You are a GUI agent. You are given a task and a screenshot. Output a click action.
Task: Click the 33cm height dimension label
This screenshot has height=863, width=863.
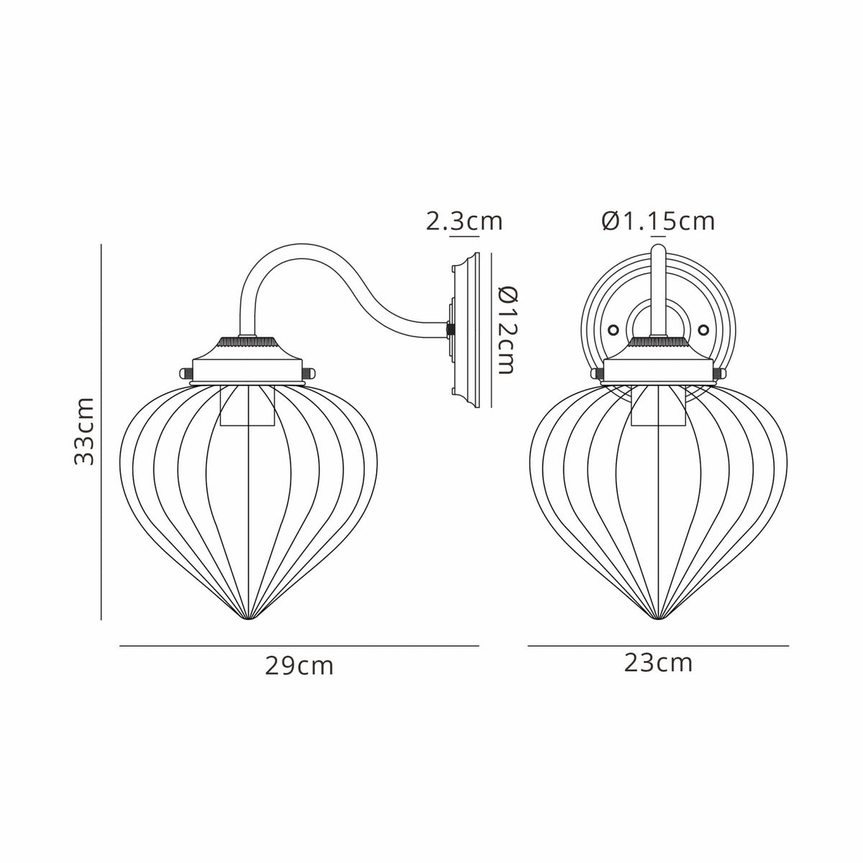(x=85, y=430)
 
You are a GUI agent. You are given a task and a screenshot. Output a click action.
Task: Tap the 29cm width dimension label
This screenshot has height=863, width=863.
(x=299, y=666)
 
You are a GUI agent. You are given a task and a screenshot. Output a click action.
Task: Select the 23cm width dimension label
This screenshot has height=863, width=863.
(x=658, y=662)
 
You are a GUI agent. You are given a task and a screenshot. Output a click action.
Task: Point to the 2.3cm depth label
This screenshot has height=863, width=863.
(x=464, y=221)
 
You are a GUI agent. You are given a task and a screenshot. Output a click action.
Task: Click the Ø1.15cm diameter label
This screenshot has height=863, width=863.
(x=658, y=221)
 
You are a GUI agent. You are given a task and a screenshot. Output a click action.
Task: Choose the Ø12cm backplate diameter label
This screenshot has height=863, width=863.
(x=507, y=330)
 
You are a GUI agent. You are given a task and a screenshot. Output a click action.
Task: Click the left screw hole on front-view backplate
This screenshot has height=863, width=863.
(x=613, y=329)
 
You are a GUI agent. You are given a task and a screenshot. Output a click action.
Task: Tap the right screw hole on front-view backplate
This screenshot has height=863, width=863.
(x=703, y=329)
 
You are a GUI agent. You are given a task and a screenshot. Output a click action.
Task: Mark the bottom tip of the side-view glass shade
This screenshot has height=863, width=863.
(x=247, y=618)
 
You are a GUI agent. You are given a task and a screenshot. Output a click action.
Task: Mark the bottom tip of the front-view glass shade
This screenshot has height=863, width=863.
(x=657, y=618)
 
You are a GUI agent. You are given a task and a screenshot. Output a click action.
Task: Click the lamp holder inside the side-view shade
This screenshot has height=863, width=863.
(x=248, y=406)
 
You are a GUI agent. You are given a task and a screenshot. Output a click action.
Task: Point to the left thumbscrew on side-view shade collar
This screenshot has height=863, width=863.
(x=184, y=373)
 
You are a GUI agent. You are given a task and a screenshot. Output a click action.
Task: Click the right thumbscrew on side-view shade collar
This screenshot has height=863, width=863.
(x=311, y=373)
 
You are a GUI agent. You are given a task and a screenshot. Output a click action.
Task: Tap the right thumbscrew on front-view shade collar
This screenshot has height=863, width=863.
(x=720, y=373)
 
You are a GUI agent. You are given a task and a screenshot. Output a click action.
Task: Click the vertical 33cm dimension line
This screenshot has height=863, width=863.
(x=101, y=431)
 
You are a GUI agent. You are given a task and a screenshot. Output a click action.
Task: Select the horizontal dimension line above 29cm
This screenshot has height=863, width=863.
(x=299, y=647)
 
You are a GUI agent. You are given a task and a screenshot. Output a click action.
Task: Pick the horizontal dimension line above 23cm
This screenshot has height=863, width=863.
(x=658, y=647)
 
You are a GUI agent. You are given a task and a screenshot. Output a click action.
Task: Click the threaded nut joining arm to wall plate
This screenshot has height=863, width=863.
(x=451, y=329)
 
